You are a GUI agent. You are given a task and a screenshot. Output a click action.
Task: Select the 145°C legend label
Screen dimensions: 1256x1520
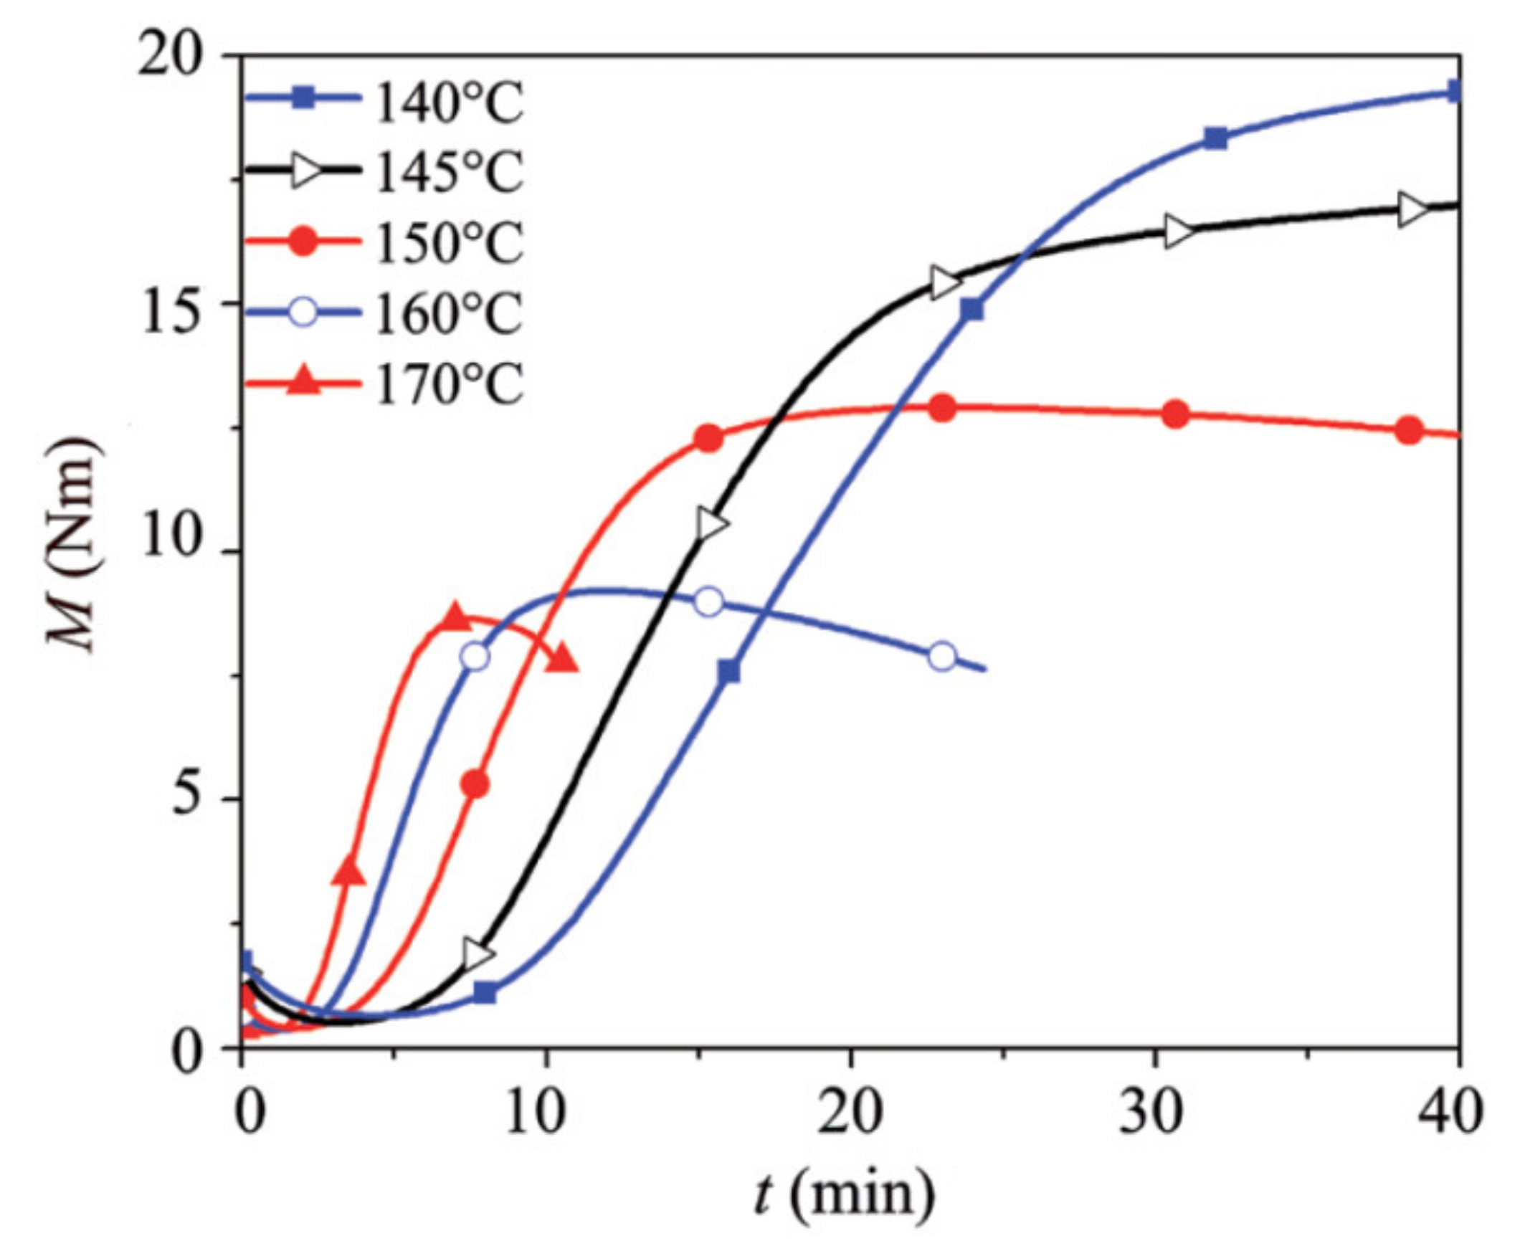[x=449, y=173]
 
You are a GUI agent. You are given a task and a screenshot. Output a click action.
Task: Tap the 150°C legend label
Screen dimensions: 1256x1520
[x=449, y=244]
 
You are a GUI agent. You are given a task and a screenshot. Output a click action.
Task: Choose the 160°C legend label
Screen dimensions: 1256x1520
[x=449, y=313]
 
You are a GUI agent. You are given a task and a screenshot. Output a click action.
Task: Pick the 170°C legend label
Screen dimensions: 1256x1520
[x=449, y=384]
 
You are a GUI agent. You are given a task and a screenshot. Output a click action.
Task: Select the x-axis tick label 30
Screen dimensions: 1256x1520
[x=1152, y=1113]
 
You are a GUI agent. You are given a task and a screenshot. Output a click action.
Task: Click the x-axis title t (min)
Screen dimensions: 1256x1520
[x=843, y=1195]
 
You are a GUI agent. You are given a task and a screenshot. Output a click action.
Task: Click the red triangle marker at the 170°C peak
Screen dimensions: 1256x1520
[x=456, y=616]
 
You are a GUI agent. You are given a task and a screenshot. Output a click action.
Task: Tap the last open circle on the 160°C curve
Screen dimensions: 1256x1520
[x=942, y=656]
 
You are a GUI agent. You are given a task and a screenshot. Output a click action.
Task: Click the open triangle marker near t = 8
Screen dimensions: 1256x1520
[x=478, y=955]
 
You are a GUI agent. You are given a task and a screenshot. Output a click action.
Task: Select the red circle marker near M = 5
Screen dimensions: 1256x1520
[x=475, y=785]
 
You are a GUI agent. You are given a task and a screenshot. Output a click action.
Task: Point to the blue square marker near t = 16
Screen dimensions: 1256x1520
[x=730, y=672]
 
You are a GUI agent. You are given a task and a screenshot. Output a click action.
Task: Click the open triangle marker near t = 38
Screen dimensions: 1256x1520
[x=1412, y=211]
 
